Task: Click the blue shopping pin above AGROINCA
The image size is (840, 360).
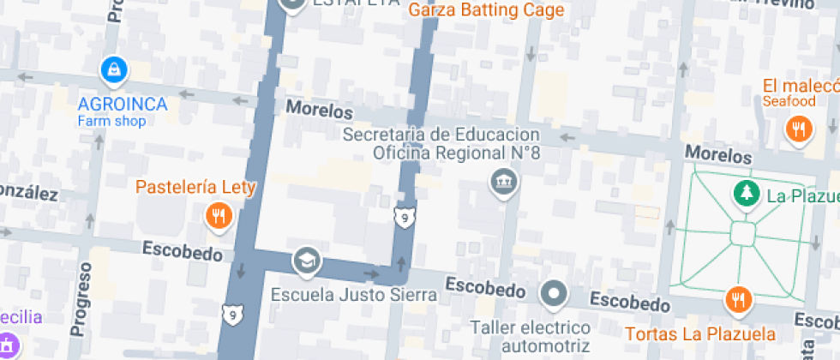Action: point(114,69)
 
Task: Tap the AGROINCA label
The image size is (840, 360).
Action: point(122,104)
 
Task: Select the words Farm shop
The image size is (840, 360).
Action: point(111,121)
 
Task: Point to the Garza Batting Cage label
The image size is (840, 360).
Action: point(486,10)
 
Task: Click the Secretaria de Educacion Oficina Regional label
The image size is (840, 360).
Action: point(441,144)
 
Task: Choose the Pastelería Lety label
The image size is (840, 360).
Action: point(195,187)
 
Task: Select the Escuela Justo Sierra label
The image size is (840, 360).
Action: point(354,295)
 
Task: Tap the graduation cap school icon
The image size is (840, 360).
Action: point(306,260)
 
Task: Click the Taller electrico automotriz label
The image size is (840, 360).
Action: point(530,337)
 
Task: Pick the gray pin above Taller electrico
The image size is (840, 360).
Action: point(555,295)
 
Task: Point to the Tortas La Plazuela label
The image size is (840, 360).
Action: point(700,333)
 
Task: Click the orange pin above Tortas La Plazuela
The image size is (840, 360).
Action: point(737,300)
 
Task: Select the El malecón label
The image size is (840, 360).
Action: point(801,86)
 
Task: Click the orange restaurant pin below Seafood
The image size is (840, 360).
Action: point(799,129)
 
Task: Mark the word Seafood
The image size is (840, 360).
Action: point(789,102)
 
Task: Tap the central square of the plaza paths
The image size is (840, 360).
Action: point(742,233)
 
